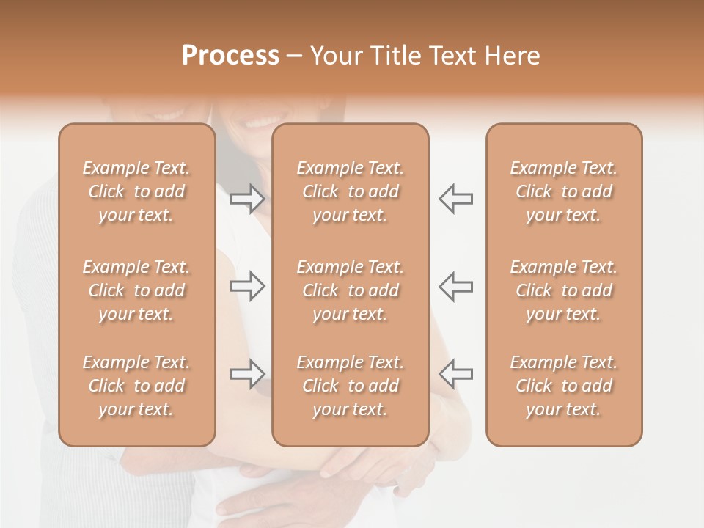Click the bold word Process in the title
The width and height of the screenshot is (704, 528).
230,56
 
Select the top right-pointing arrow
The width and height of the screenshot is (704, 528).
247,198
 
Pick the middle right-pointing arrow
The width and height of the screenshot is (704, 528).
247,285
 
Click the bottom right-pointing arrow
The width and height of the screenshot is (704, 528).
247,374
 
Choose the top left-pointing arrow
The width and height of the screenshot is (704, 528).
456,198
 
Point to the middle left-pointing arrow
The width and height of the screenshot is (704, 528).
456,285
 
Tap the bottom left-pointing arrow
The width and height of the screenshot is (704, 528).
456,374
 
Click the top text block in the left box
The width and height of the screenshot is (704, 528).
136,191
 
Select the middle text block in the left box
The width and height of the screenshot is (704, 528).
136,290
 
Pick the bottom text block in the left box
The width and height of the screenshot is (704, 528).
136,386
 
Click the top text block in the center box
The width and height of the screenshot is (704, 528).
350,191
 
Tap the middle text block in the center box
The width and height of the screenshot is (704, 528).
350,290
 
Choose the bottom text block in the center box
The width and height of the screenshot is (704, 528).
350,386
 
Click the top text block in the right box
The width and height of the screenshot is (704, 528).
563,191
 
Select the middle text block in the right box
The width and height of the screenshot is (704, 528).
563,290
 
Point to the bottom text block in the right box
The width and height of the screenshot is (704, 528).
563,386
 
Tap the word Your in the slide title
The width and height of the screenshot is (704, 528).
335,56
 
